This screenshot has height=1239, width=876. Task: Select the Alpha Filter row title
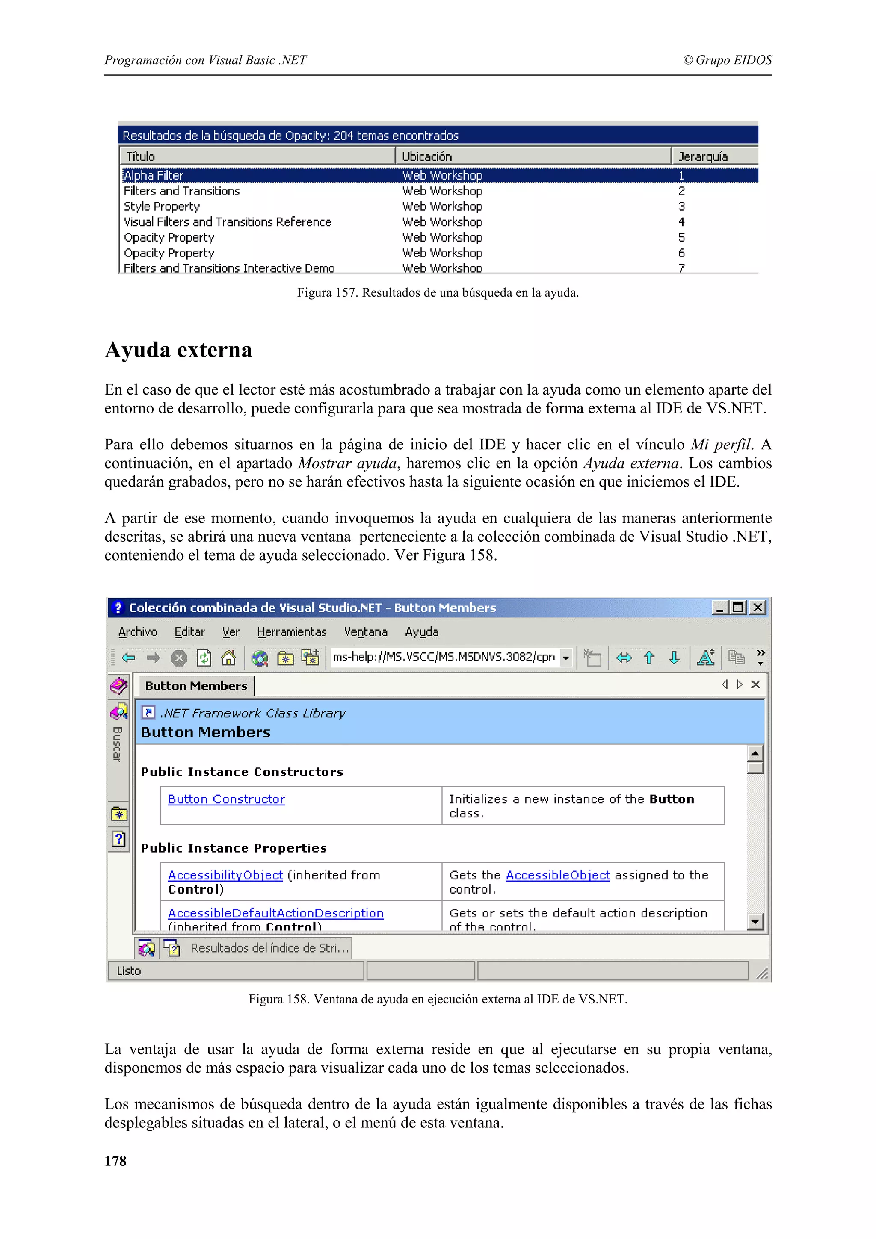[154, 175]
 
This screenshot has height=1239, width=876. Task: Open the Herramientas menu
[291, 632]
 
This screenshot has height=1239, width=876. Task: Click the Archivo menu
[138, 632]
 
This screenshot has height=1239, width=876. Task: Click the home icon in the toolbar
[228, 657]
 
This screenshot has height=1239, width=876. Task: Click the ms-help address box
[444, 657]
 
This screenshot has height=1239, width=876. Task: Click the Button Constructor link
[226, 799]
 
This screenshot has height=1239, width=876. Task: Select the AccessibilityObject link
[225, 875]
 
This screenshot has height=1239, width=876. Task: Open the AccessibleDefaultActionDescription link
[275, 913]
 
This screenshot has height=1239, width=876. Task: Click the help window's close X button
[758, 608]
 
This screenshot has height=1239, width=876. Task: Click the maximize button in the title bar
[737, 608]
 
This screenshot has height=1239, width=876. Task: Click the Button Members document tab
[196, 686]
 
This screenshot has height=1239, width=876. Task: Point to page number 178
[115, 1161]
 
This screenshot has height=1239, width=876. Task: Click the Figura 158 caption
[437, 1000]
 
